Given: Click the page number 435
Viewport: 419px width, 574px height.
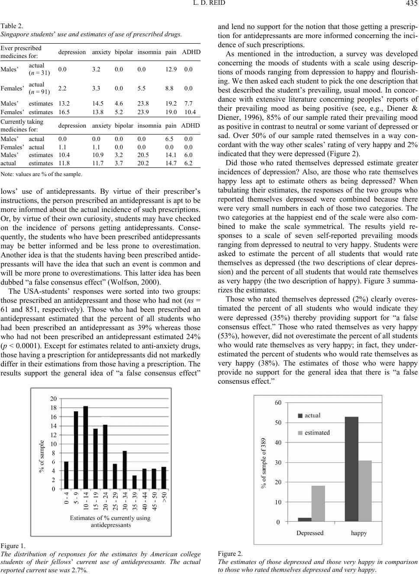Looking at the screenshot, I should (412, 5).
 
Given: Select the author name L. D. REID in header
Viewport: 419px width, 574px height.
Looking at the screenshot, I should (209, 5).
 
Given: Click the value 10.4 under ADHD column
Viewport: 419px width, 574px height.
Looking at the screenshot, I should (190, 111).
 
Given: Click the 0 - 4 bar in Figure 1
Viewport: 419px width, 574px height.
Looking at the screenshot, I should (66, 475).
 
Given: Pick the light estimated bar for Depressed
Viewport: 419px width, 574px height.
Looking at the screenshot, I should (318, 503).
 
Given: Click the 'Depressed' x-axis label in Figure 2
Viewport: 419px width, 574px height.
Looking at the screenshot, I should (310, 533).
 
